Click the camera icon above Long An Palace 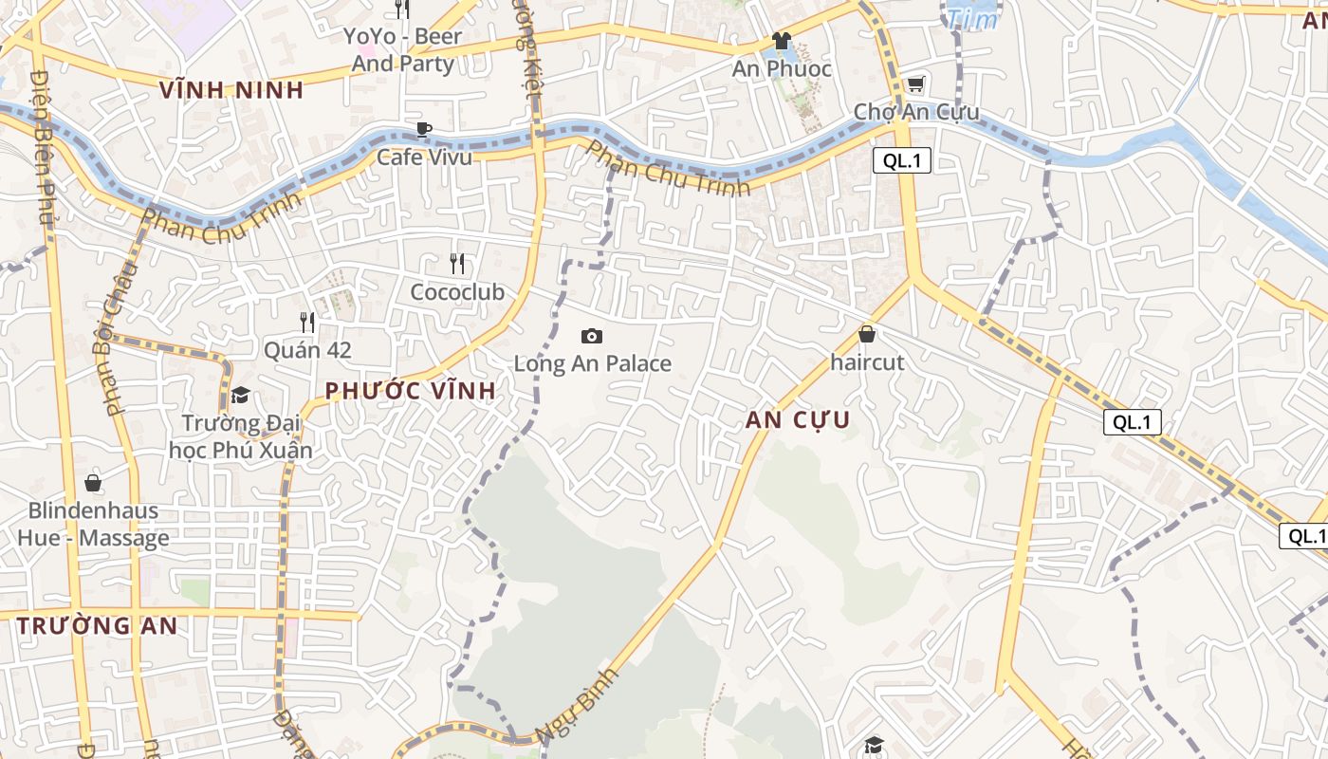(x=592, y=336)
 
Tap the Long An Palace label (x=592, y=363)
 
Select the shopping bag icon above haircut (x=866, y=334)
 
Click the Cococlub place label (x=457, y=292)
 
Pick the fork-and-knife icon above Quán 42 (x=306, y=323)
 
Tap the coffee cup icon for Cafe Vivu (x=423, y=129)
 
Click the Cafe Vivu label (x=424, y=157)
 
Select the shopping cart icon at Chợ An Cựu (x=915, y=84)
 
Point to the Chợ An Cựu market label (x=915, y=112)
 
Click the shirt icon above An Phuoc (x=781, y=41)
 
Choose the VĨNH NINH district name (x=231, y=90)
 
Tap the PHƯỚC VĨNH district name (x=410, y=391)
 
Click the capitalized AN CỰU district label (x=798, y=420)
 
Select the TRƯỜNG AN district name (x=98, y=626)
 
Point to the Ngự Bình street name (x=577, y=706)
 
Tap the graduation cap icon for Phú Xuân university (x=240, y=395)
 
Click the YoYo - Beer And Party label (x=403, y=50)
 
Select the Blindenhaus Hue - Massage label (x=93, y=525)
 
